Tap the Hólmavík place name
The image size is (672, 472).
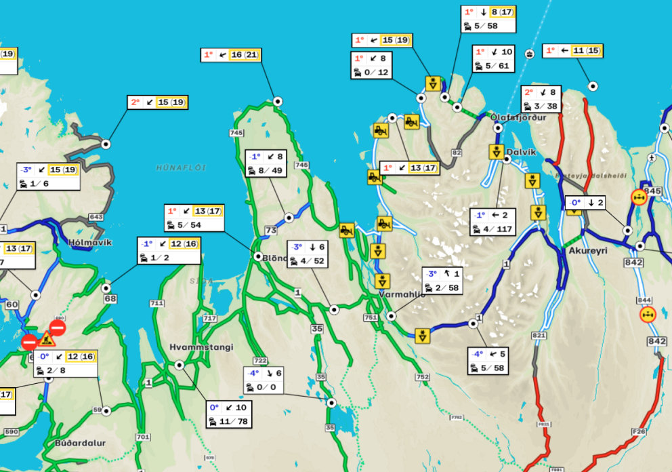tap(90, 242)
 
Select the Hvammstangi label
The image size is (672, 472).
tap(201, 347)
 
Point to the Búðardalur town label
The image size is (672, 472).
tap(81, 443)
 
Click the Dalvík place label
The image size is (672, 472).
tap(521, 152)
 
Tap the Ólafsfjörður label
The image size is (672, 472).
tap(518, 117)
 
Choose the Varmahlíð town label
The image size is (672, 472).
tap(402, 294)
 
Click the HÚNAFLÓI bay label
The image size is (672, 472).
tap(181, 168)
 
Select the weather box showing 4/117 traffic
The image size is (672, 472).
tap(492, 222)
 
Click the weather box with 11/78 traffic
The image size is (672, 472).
tap(228, 414)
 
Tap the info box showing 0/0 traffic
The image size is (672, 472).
tap(264, 380)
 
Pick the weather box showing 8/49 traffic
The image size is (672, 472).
tap(266, 163)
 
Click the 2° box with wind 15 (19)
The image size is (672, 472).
tap(158, 102)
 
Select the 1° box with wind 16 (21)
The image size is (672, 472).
tap(231, 55)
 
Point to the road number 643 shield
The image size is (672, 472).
tap(96, 217)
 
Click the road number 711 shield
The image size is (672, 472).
tap(158, 303)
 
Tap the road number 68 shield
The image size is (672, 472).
tap(110, 299)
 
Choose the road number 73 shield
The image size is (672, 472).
tap(271, 231)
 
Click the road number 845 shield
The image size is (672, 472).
tap(652, 191)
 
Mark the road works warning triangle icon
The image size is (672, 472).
tap(47, 338)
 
